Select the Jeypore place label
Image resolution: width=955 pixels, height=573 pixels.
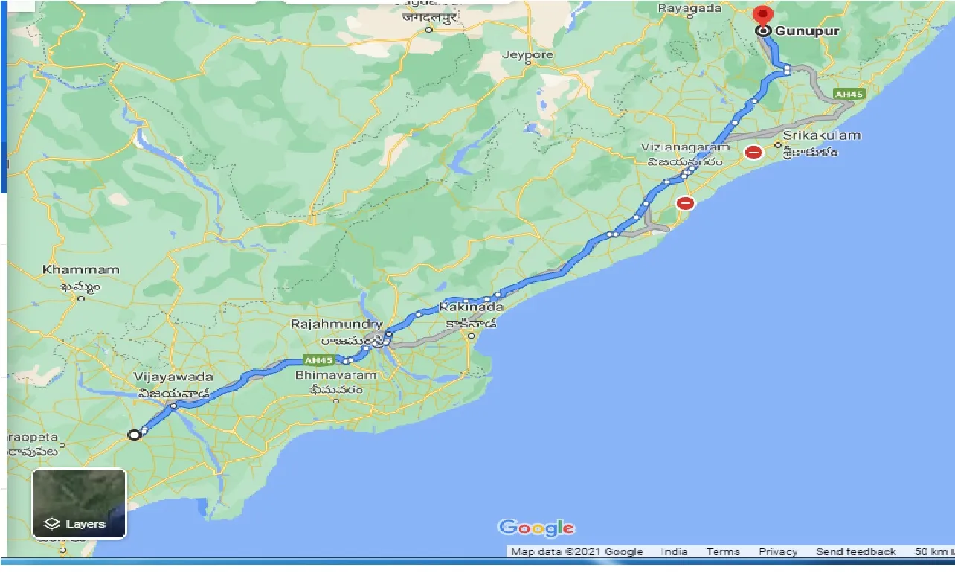528,55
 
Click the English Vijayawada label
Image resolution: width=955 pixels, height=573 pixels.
173,377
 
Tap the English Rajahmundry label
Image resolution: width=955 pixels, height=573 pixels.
337,324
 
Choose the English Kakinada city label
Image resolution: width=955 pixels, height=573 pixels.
472,307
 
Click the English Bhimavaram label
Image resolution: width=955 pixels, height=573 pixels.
336,375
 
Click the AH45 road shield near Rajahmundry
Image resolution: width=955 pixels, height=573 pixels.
318,360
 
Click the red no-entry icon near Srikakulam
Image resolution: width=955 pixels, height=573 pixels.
753,153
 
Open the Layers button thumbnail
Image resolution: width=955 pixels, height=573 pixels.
79,503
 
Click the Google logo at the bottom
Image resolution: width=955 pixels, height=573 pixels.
536,528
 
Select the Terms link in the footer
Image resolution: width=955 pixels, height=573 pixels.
723,552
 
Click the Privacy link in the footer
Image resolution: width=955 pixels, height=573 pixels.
778,552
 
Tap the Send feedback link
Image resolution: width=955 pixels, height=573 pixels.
856,552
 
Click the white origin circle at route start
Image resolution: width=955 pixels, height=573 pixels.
134,435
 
